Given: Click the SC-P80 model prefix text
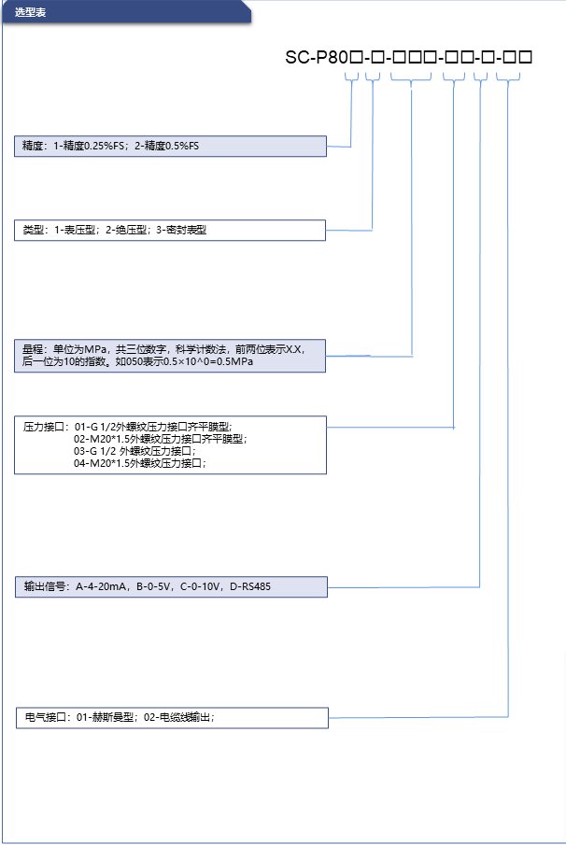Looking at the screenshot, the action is (x=317, y=57).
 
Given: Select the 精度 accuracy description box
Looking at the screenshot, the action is (x=170, y=146).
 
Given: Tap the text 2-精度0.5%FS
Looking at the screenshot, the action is (x=166, y=146).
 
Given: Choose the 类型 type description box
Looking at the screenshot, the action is (x=170, y=230).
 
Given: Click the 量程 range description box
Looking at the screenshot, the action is (x=170, y=356).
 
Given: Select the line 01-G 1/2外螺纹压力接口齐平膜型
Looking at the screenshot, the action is (x=153, y=428).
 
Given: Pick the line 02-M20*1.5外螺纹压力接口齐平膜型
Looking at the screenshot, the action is (x=160, y=439).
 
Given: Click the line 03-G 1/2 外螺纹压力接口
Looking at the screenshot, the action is (x=134, y=451).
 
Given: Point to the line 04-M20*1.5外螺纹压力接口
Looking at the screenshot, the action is (x=139, y=463).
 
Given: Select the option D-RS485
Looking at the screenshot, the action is (x=250, y=586).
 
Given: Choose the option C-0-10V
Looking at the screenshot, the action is (x=200, y=586).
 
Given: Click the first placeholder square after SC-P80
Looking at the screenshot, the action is (x=356, y=57).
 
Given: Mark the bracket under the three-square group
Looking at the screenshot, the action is (x=411, y=77).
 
